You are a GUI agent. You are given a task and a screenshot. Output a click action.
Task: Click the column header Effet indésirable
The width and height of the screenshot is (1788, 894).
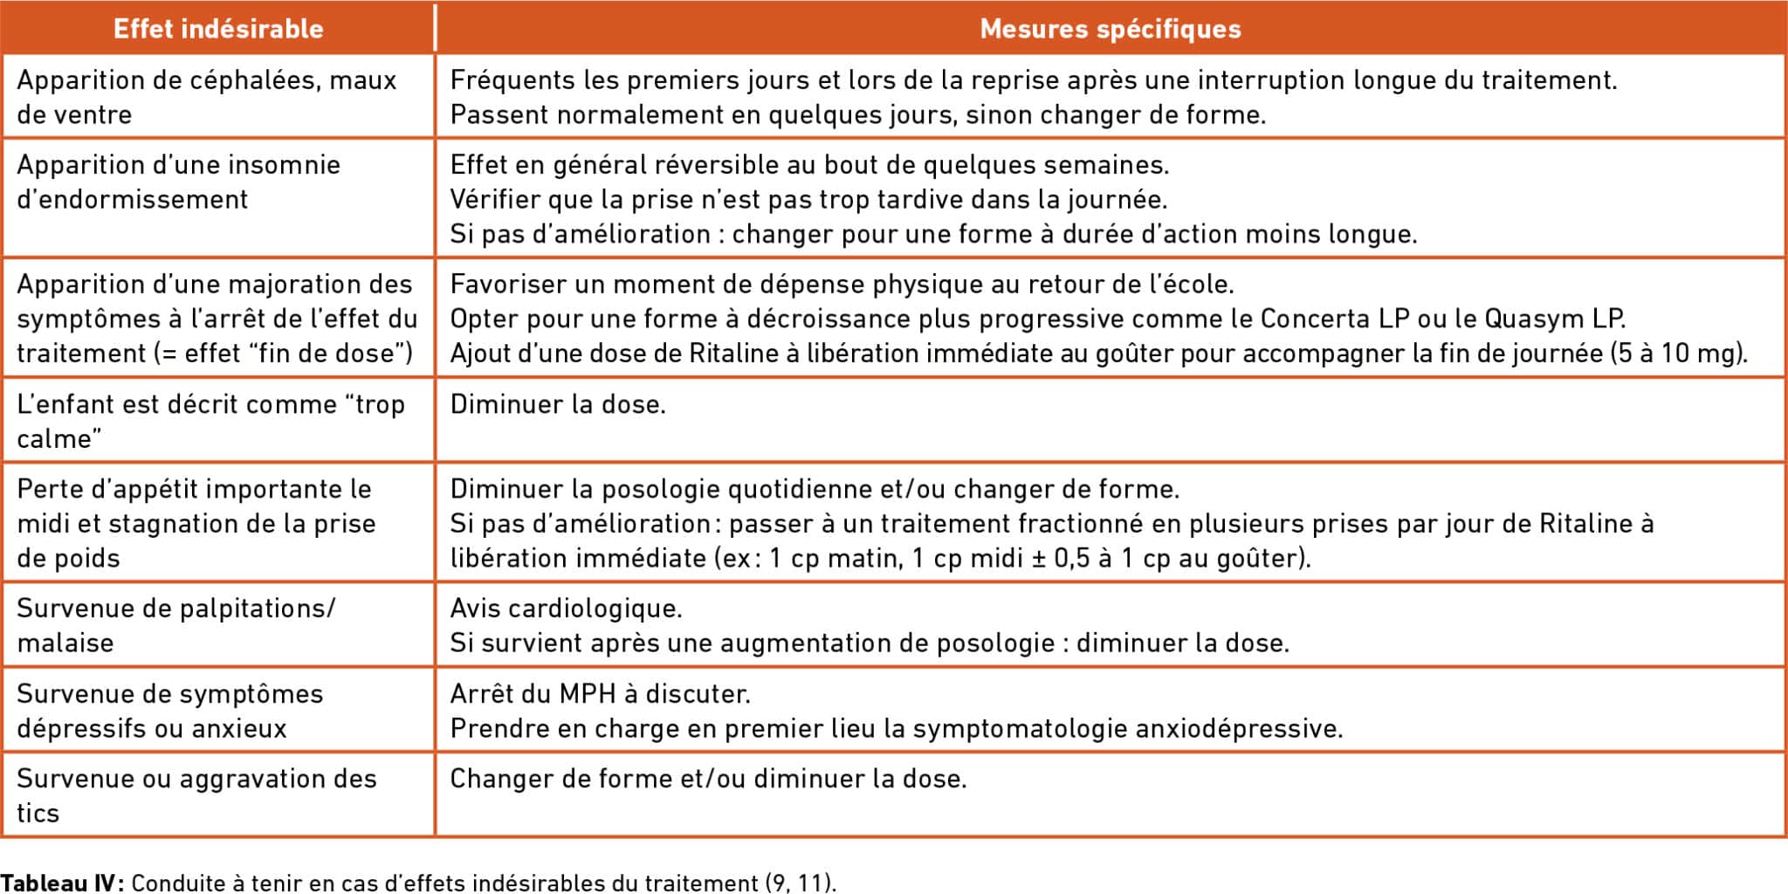(218, 29)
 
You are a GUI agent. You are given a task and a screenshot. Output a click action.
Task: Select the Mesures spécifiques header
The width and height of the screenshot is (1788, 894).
(1110, 29)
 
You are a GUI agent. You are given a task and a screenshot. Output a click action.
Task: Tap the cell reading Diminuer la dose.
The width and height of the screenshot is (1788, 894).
(558, 404)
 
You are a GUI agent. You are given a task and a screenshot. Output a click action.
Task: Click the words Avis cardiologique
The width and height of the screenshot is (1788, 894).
(566, 609)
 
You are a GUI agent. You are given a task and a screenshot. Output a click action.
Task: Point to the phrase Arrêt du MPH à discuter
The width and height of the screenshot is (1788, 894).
(600, 694)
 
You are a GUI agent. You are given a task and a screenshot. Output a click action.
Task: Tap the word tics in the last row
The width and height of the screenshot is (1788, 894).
(38, 814)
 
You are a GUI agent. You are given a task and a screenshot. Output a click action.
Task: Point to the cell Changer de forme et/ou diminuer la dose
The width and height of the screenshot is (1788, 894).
(708, 779)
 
